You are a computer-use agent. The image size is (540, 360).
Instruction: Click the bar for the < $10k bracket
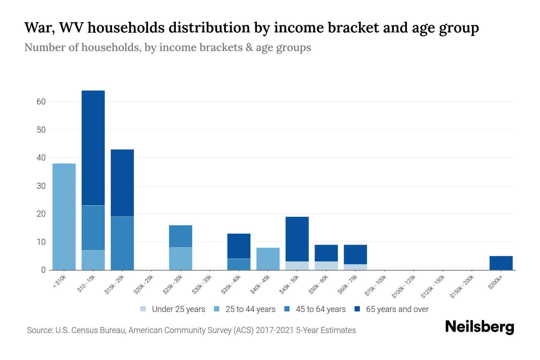click(64, 217)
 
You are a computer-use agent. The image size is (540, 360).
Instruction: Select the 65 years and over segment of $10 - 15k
click(93, 148)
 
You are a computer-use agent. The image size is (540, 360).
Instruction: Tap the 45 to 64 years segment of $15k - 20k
click(122, 243)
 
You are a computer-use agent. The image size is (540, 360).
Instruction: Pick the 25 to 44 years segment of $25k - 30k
click(181, 259)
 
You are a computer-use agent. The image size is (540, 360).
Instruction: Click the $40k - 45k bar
click(268, 259)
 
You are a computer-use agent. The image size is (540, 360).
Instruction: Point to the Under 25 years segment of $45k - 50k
click(297, 266)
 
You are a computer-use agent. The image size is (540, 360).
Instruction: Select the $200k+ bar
click(501, 263)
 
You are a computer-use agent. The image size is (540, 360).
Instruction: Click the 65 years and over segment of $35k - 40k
click(239, 246)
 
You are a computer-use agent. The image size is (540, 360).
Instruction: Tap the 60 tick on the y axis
click(41, 102)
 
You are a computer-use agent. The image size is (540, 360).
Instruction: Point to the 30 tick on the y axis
click(41, 186)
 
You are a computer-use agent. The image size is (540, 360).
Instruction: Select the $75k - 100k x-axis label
click(376, 286)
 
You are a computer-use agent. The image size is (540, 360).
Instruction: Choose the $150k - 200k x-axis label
click(462, 286)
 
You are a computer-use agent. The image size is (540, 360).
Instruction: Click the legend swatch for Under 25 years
click(143, 309)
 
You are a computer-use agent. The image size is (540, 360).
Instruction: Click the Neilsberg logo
click(479, 327)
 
